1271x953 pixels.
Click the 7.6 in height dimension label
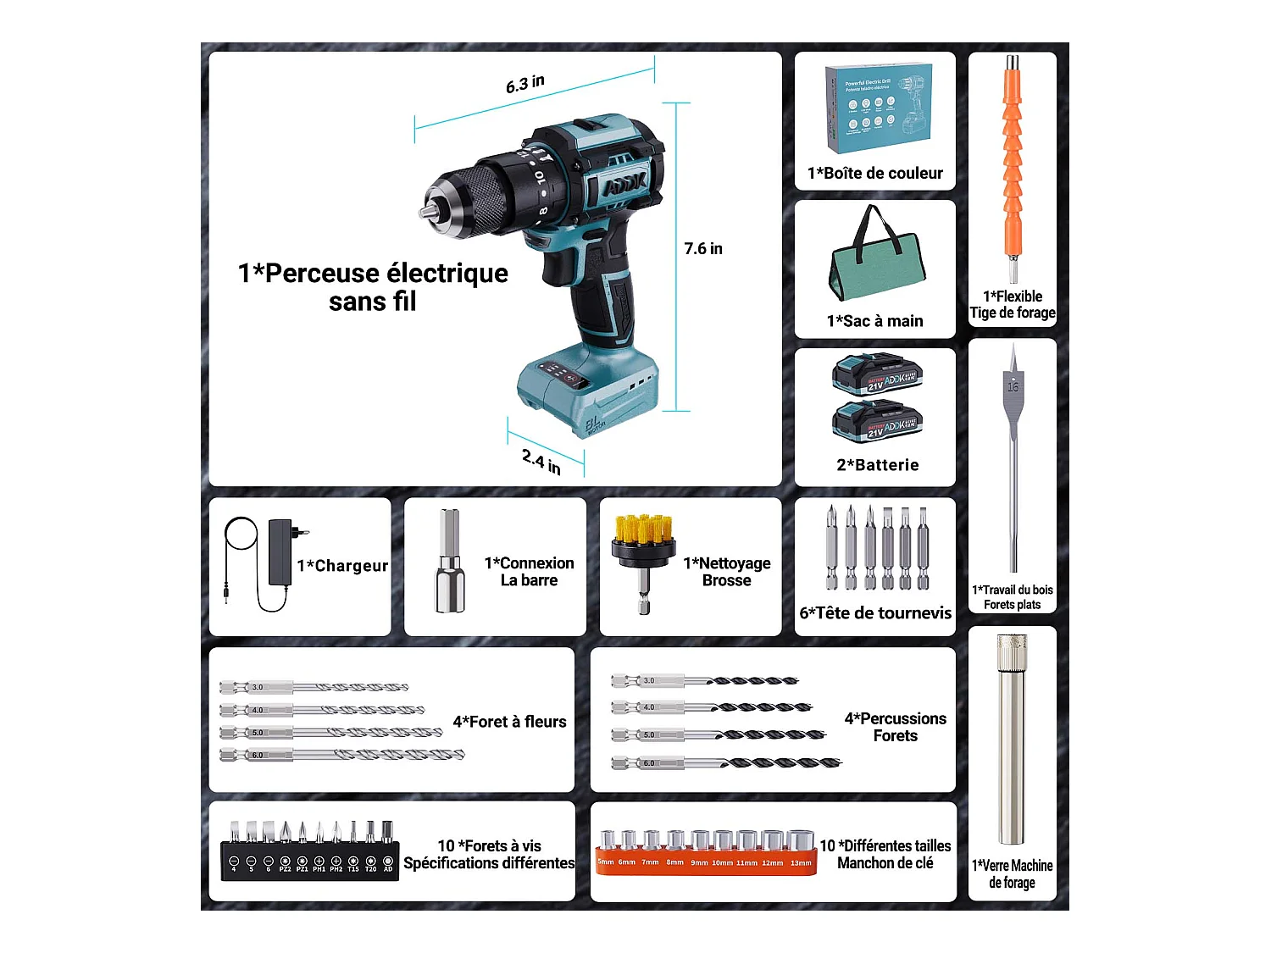(x=703, y=248)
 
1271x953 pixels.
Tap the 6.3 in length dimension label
(x=525, y=84)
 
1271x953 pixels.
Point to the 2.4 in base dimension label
(x=541, y=462)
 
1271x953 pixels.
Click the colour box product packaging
(x=878, y=108)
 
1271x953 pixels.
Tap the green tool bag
(x=876, y=263)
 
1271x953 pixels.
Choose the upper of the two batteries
(x=877, y=375)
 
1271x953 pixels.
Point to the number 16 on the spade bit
(x=1013, y=387)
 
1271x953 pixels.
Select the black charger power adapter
(x=280, y=552)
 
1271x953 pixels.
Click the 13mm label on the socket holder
(x=801, y=863)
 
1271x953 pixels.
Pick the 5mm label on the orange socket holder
(x=606, y=862)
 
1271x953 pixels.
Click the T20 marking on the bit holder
(x=370, y=868)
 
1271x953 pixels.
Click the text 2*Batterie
(x=878, y=465)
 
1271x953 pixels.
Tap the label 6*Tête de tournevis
(x=875, y=612)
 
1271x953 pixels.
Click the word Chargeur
(x=351, y=566)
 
